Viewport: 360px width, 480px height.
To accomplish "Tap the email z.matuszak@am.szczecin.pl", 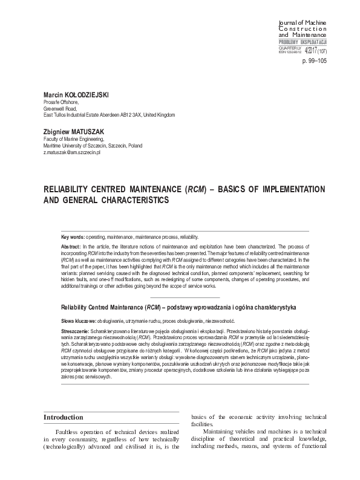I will (x=71, y=153).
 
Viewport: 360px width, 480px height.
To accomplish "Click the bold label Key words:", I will (x=73, y=237).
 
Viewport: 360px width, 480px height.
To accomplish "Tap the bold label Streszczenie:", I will (x=76, y=332).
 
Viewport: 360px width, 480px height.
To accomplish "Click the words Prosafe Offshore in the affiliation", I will (x=60, y=103).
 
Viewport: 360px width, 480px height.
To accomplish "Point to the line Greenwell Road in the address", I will (x=59, y=109).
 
